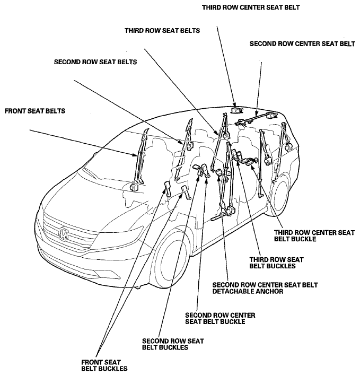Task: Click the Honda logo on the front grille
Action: tap(64, 233)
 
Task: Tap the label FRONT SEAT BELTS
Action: tap(35, 111)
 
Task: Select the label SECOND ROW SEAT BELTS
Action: tap(95, 62)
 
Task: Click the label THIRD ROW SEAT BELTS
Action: tap(162, 31)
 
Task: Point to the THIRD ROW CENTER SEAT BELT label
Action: tap(251, 7)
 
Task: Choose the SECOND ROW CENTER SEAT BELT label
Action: tap(302, 44)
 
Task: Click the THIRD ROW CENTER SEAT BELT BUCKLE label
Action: tap(314, 235)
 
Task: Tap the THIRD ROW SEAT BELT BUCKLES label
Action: tap(276, 263)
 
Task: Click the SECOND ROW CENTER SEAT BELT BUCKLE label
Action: tap(220, 318)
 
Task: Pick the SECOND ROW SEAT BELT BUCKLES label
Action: tap(173, 344)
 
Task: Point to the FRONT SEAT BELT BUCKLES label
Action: tap(104, 365)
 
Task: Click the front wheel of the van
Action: tap(171, 259)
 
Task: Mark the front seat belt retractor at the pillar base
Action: tap(134, 187)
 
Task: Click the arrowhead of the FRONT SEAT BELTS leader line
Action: tap(135, 155)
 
